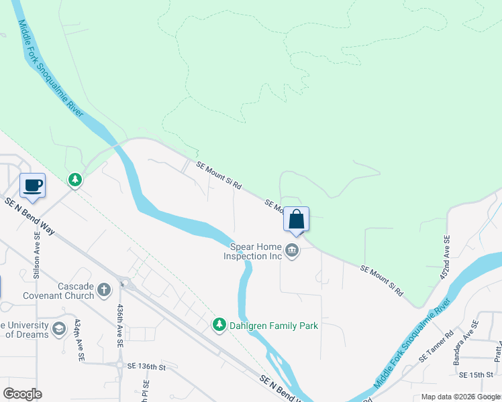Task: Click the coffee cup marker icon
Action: click(32, 186)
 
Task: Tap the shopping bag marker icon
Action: click(296, 219)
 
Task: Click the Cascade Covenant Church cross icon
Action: click(103, 289)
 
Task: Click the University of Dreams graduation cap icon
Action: click(59, 328)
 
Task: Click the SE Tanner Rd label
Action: click(436, 346)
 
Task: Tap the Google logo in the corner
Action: click(22, 394)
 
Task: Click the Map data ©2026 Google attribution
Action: click(460, 397)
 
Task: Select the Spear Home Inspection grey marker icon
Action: click(291, 251)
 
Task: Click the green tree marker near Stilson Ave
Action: click(75, 180)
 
